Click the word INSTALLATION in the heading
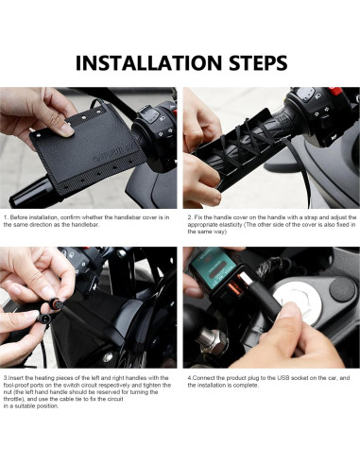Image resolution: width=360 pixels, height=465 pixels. click(148, 63)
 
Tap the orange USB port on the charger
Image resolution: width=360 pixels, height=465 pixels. click(234, 288)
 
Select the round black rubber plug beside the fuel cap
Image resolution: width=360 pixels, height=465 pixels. click(342, 288)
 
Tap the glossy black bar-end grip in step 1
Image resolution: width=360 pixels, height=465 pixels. click(31, 193)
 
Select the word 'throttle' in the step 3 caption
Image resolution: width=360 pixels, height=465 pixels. click(13, 399)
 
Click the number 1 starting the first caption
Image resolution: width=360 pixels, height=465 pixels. click(6, 217)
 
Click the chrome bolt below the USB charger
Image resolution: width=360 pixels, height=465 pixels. click(211, 340)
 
